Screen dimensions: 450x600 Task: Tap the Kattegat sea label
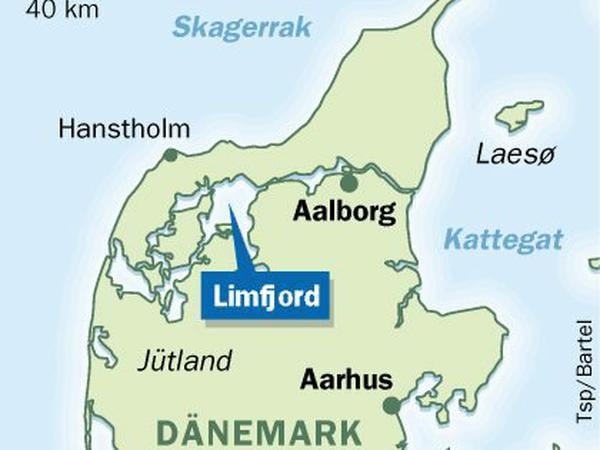[x=503, y=240]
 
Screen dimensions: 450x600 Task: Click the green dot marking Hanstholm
[x=171, y=155]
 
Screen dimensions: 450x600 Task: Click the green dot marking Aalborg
[x=348, y=183]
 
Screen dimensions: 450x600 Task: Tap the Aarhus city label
[x=346, y=381]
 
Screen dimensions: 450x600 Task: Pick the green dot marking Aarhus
[x=392, y=405]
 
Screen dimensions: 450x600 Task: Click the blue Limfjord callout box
[x=265, y=296]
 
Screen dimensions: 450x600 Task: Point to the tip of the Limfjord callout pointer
[x=229, y=207]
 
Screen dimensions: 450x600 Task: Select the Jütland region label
[x=185, y=360]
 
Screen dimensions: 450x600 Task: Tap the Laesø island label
[x=512, y=155]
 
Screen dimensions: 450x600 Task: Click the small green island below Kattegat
[x=593, y=264]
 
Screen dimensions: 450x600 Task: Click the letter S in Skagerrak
[x=181, y=27]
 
